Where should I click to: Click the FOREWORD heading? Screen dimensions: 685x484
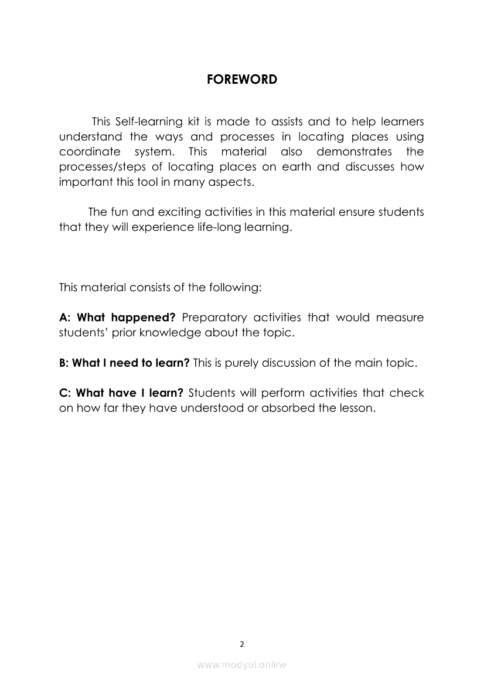coord(242,80)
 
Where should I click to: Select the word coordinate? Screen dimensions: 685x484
coord(87,152)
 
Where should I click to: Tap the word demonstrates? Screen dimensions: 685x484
coord(355,152)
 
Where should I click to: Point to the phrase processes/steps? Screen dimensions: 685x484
coord(104,167)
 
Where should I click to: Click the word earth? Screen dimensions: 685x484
coord(297,167)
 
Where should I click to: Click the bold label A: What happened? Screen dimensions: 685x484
coord(117,318)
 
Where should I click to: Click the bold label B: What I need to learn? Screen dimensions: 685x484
coord(124,363)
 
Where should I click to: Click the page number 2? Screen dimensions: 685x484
coord(242,644)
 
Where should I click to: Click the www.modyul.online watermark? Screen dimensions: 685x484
coord(242,664)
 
